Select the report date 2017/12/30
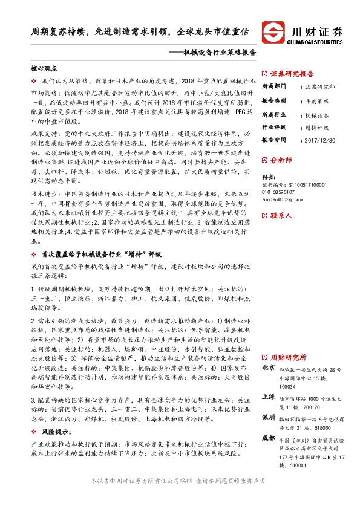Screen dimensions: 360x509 321,140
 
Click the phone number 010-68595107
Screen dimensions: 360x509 280,191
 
